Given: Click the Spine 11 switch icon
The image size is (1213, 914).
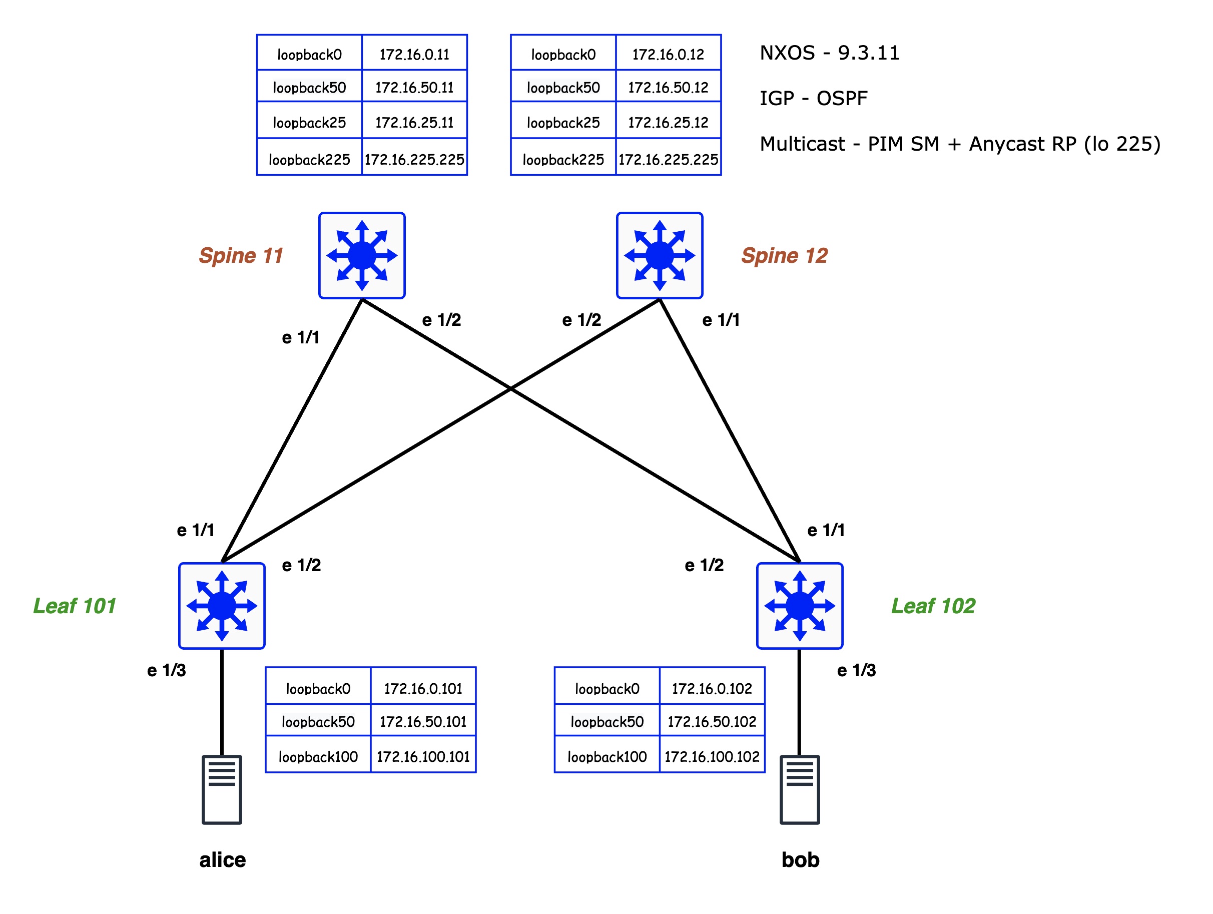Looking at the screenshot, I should tap(362, 256).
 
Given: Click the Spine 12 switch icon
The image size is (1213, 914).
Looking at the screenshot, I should tap(659, 256).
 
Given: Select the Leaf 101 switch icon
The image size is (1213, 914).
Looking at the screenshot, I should tap(222, 606).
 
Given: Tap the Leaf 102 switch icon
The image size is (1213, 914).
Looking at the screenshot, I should tap(800, 606).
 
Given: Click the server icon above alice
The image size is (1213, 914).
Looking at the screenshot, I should tap(222, 789).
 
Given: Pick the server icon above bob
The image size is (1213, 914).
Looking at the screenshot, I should tap(800, 789).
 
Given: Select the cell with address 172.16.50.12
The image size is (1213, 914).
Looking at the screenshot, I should tap(668, 87).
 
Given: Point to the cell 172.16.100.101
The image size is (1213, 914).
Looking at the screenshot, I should tap(423, 756).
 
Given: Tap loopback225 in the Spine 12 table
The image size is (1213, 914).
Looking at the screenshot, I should tap(563, 159).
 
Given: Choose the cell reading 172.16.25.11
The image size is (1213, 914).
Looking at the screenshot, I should tap(414, 122).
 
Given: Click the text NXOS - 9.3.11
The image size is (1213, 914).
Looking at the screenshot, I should tap(829, 53).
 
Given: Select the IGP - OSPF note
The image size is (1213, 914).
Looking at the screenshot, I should tap(813, 98).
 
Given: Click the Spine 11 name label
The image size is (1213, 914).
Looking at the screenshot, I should tap(241, 256).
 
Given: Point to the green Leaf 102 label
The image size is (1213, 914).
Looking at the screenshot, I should tap(933, 606).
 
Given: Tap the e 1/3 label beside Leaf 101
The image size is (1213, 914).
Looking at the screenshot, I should tap(166, 670).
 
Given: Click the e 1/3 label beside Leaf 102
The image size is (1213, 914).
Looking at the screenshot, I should tap(856, 670).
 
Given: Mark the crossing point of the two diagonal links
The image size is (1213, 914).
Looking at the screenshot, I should tap(510, 388).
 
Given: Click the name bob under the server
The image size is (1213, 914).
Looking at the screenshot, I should tap(800, 859).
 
